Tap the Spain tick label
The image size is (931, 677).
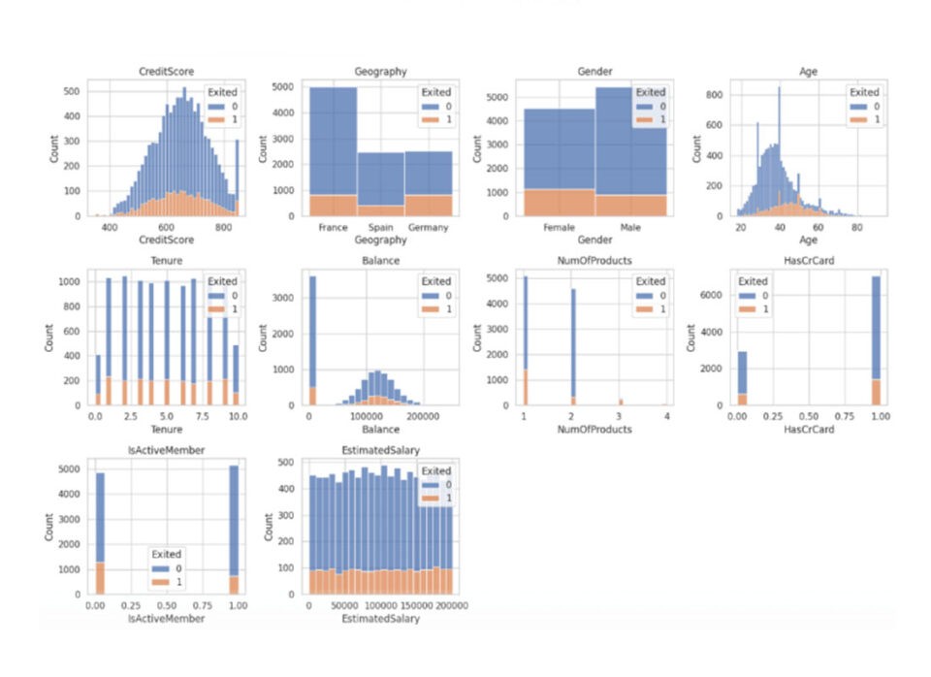380,227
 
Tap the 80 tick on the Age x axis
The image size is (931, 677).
857,227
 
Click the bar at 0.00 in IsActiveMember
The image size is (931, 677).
100,533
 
